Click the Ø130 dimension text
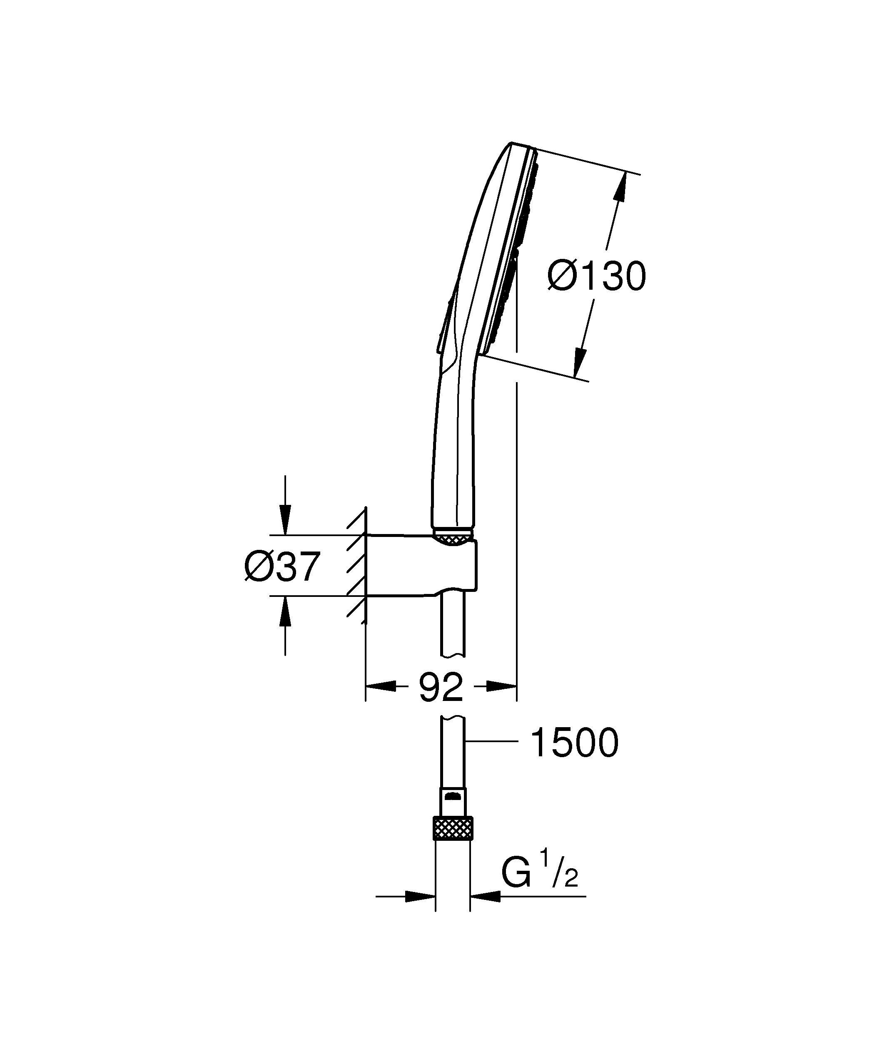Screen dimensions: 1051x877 597,276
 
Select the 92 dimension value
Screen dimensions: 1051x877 441,687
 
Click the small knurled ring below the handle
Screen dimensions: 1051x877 453,539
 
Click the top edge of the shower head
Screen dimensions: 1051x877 521,145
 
